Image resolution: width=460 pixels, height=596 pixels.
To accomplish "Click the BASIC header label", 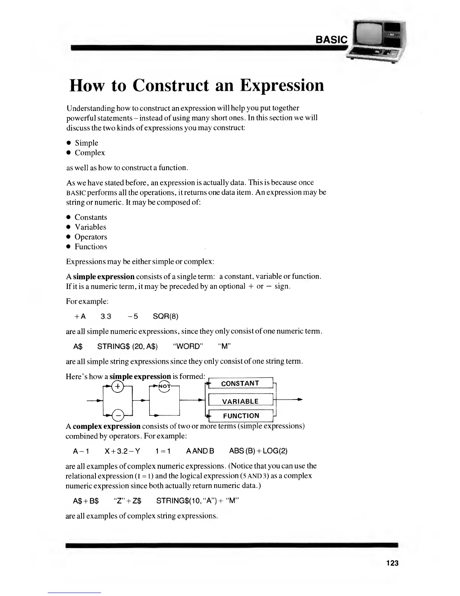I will pos(332,40).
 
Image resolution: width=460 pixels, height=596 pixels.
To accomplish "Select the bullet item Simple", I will pos(86,143).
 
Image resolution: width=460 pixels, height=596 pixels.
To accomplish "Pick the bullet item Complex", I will pos(90,153).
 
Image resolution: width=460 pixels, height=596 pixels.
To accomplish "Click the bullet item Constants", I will pos(91,217).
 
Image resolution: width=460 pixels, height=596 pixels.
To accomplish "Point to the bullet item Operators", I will pos(91,237).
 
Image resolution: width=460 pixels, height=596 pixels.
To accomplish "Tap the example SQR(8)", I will pos(165,316).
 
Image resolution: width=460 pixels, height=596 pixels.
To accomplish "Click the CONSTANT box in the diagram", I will pos(240,383).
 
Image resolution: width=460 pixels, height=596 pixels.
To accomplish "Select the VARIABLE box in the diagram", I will pos(240,401).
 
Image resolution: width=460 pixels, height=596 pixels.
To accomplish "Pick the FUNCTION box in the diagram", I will pos(241,416).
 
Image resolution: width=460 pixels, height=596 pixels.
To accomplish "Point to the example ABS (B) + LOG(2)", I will pos(258,451).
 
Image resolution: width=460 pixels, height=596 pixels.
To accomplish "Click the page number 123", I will pos(392,563).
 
